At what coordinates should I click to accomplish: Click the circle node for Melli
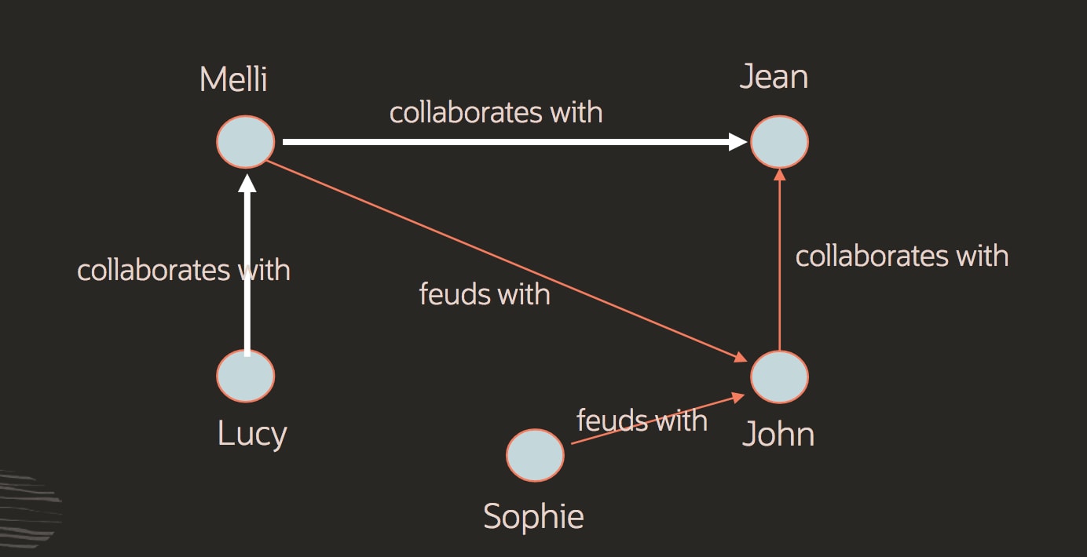(x=246, y=142)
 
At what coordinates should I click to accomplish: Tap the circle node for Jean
(x=779, y=142)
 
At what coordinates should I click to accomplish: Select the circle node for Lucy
(x=246, y=376)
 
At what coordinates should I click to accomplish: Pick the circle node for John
(x=779, y=377)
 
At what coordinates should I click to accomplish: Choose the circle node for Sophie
(x=535, y=455)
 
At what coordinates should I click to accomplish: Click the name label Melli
(x=233, y=79)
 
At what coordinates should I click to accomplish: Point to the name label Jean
(x=774, y=77)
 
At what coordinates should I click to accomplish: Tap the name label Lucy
(x=252, y=434)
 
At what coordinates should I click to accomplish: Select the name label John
(x=778, y=434)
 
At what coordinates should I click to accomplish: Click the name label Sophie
(x=533, y=516)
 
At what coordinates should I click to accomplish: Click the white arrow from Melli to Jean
(x=511, y=142)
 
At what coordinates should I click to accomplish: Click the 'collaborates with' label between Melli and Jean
(x=496, y=112)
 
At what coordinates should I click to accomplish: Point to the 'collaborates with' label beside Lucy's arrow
(x=184, y=270)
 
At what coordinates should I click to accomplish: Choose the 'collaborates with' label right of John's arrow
(x=902, y=256)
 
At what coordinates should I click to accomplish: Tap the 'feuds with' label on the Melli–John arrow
(x=485, y=294)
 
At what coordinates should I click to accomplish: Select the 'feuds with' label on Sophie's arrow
(x=642, y=420)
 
